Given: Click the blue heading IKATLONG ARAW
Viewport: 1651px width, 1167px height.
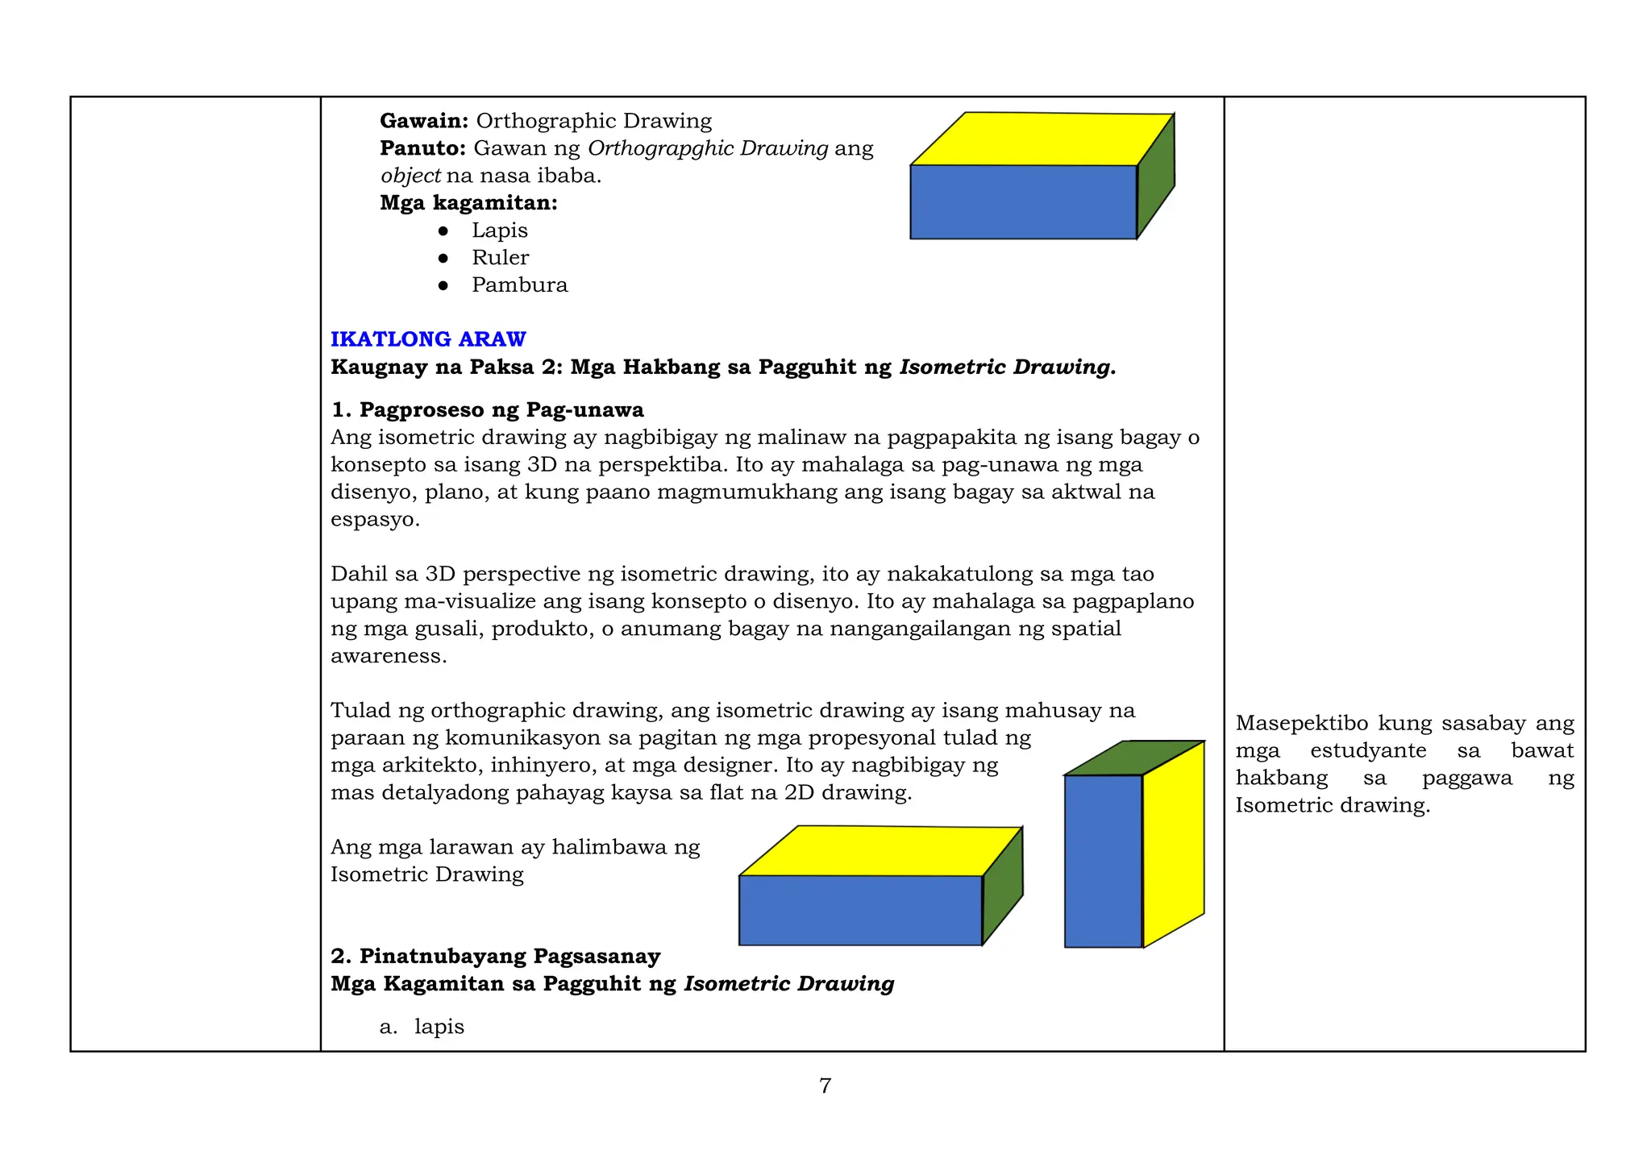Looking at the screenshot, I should pyautogui.click(x=428, y=339).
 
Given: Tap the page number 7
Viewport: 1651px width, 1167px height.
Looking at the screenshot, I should pyautogui.click(x=825, y=1086).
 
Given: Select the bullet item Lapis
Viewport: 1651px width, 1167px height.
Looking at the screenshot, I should pyautogui.click(x=499, y=230).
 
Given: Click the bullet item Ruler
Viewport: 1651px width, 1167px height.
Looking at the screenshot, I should pyautogui.click(x=500, y=258).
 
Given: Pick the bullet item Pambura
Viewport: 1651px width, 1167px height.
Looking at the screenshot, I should pyautogui.click(x=519, y=285).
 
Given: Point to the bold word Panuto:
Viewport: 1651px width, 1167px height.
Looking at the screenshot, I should pyautogui.click(x=422, y=148).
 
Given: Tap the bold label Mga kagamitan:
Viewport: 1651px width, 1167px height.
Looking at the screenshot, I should pyautogui.click(x=468, y=203).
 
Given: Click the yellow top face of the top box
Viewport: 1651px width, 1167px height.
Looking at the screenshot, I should pyautogui.click(x=1040, y=139).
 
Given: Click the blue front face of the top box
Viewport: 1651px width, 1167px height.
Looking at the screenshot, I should pyautogui.click(x=1022, y=201).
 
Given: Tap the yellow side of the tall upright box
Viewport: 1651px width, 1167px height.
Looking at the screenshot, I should pyautogui.click(x=1174, y=842).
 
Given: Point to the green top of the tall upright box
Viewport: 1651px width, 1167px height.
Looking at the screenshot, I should pyautogui.click(x=1133, y=758).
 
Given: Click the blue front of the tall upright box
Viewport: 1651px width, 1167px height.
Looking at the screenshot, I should pyautogui.click(x=1103, y=861).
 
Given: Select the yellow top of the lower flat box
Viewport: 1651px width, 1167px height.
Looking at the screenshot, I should pyautogui.click(x=879, y=850).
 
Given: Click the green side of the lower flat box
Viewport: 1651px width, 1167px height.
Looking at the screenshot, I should pyautogui.click(x=1002, y=887).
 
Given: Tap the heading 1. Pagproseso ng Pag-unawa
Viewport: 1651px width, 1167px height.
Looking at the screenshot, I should pyautogui.click(x=487, y=410).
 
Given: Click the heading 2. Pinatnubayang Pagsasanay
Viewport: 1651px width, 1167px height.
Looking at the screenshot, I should pyautogui.click(x=495, y=957).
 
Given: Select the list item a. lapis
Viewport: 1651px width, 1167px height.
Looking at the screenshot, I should pyautogui.click(x=422, y=1027).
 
